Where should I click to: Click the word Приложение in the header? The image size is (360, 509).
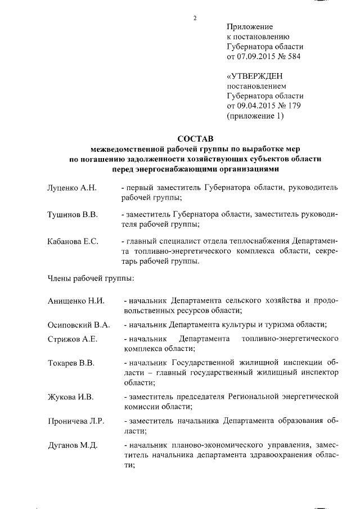250,27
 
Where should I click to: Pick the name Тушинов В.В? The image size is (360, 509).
72,215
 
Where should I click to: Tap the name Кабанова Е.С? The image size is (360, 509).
73,242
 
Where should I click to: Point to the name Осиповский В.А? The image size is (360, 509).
78,325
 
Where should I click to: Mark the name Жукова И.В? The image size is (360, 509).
69,397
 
